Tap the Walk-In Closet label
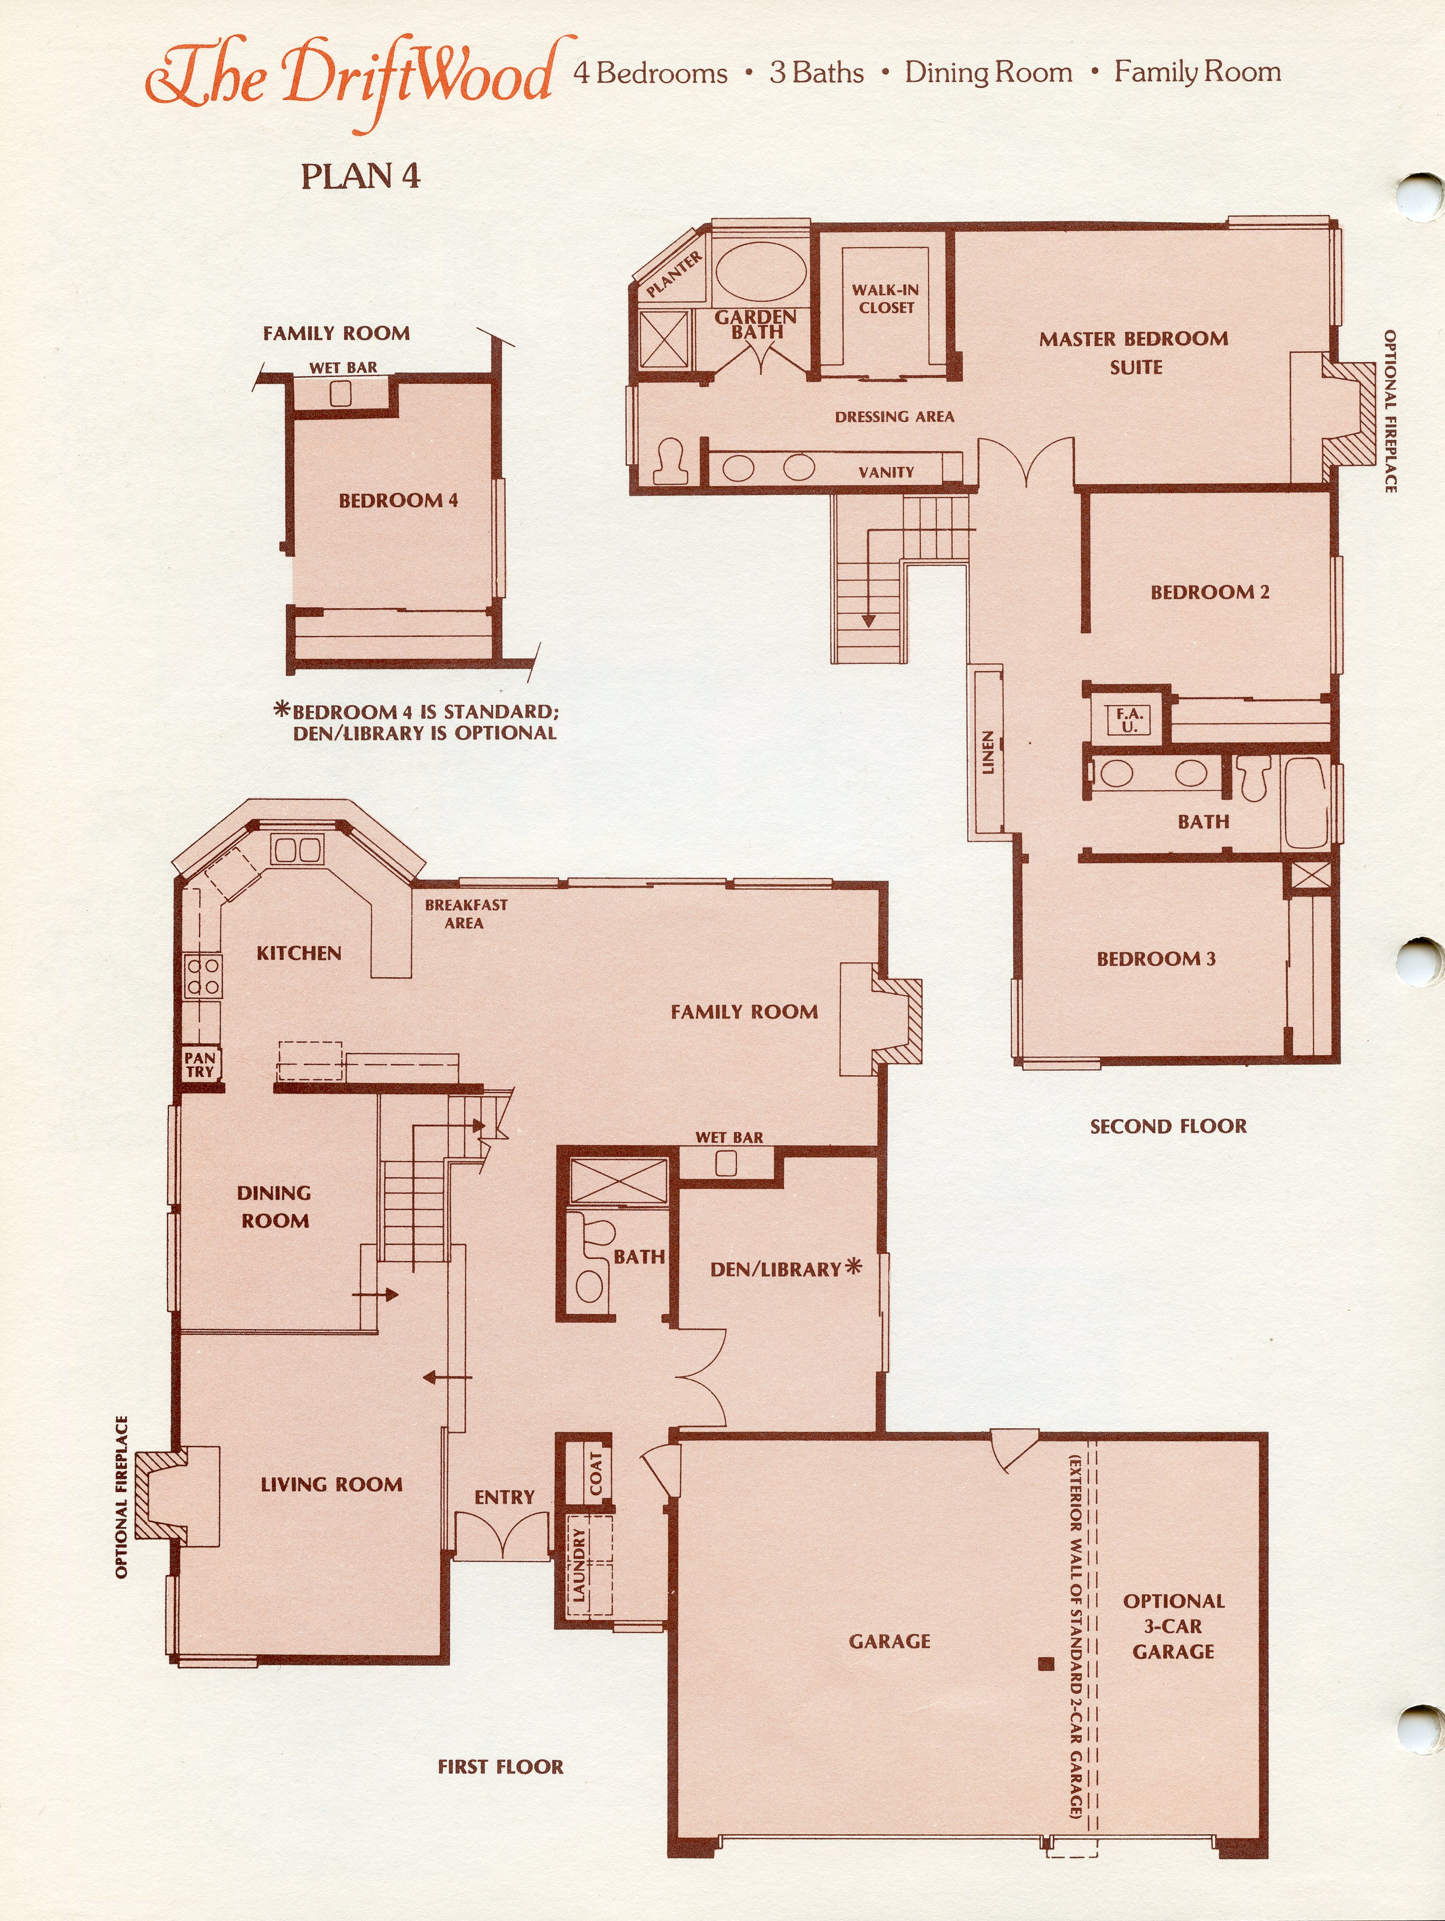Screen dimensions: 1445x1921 coord(885,299)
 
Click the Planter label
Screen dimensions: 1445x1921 coord(674,275)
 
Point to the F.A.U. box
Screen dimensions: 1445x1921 coord(1129,720)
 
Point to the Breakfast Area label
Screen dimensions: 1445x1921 coord(466,914)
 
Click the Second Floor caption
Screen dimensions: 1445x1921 coord(1168,1126)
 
